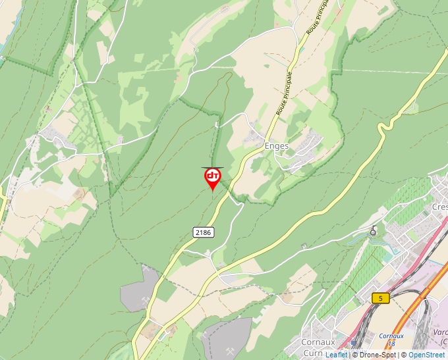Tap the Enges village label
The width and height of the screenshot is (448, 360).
pyautogui.click(x=276, y=146)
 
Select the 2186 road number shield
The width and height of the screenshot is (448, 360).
pyautogui.click(x=204, y=232)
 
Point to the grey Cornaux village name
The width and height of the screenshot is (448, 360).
pyautogui.click(x=318, y=342)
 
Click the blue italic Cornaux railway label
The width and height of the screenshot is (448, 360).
pyautogui.click(x=391, y=336)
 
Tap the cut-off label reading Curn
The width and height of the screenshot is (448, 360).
pyautogui.click(x=312, y=353)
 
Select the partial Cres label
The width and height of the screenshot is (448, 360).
pyautogui.click(x=439, y=207)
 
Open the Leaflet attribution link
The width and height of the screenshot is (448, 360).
pyautogui.click(x=336, y=355)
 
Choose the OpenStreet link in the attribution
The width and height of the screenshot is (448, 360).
pyautogui.click(x=426, y=355)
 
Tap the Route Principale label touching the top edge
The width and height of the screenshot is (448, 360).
pyautogui.click(x=317, y=18)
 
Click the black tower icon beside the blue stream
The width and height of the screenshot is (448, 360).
pyautogui.click(x=374, y=231)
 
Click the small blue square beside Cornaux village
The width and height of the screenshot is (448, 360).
pyautogui.click(x=352, y=344)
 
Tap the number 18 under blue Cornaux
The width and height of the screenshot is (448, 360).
pyautogui.click(x=391, y=344)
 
